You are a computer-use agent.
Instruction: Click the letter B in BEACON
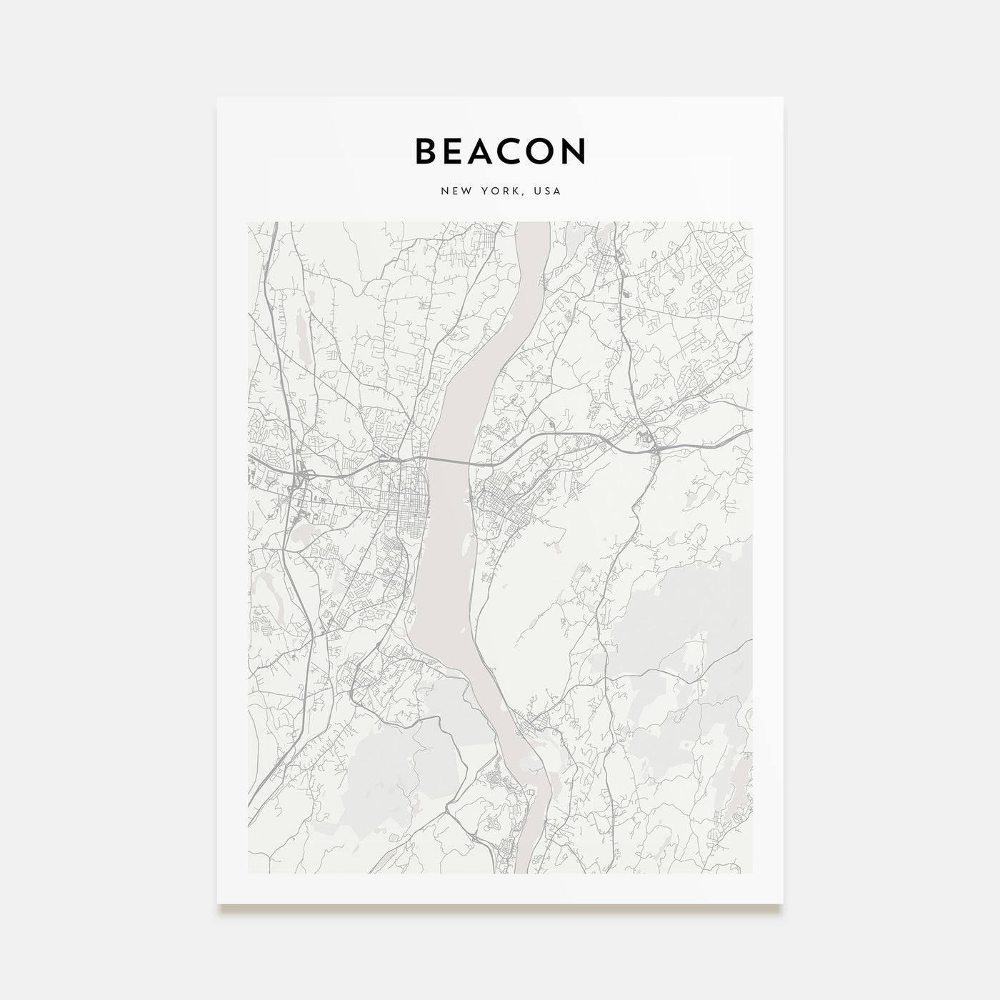click(426, 151)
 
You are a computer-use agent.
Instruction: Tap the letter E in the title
click(459, 151)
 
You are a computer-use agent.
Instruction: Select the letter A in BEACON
click(491, 151)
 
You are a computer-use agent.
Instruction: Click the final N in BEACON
click(576, 151)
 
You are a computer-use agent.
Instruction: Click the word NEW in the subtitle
click(454, 191)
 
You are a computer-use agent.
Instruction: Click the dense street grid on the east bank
click(500, 504)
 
